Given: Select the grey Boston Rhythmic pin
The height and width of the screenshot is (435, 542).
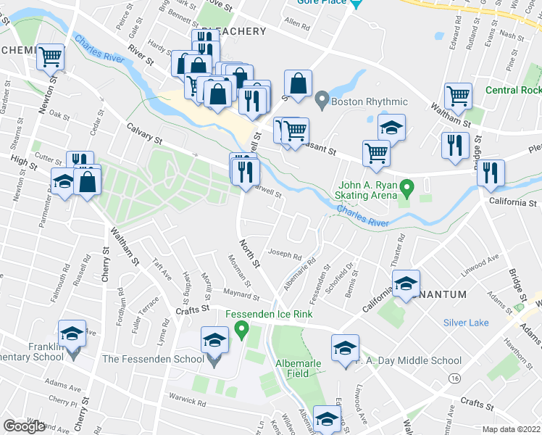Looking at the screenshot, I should [x=322, y=97].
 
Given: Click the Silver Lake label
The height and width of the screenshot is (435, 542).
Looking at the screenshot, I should [x=466, y=323].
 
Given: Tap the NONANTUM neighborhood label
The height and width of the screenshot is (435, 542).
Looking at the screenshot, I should [x=435, y=293].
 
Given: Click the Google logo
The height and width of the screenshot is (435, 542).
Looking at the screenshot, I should [x=24, y=426].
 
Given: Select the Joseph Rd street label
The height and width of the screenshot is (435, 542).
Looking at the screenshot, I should [x=285, y=255].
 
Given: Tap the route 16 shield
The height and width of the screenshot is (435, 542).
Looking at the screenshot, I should [x=454, y=378].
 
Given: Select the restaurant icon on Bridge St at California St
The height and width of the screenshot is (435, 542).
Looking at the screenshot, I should [x=491, y=172].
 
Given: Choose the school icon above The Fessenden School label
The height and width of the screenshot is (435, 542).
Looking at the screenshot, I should [x=214, y=339].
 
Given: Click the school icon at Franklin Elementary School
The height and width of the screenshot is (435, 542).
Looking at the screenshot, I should [x=71, y=333].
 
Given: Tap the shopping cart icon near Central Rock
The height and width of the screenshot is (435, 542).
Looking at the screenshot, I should [x=459, y=94].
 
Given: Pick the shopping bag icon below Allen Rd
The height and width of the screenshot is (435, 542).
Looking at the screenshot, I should [x=298, y=82].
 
